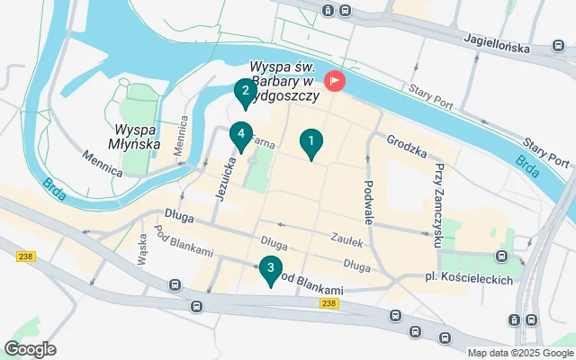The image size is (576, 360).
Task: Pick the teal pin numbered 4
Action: tap(239, 136)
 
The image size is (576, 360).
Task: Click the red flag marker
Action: tap(335, 81)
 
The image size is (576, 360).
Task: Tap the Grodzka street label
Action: tap(406, 142)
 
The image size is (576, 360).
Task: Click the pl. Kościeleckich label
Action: tap(468, 280)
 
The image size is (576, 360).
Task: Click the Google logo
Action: tap(30, 349)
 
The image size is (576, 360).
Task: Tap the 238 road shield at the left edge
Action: tap(24, 257)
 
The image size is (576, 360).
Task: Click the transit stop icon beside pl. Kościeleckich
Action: tap(501, 257)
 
